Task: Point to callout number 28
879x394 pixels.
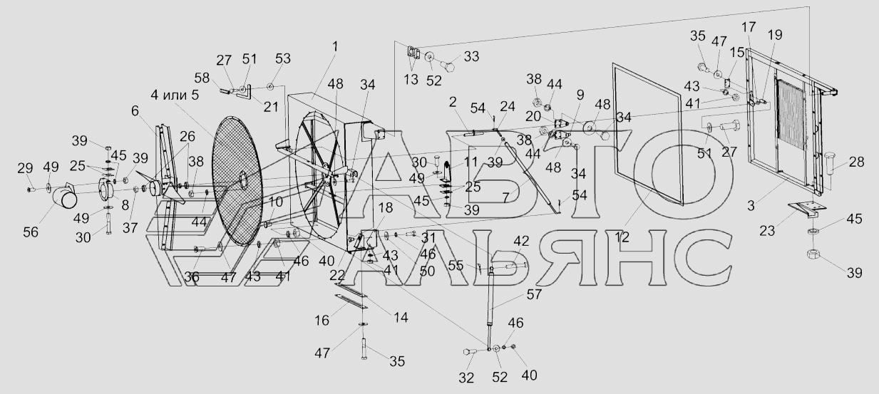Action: click(x=857, y=162)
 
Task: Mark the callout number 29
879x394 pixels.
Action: click(x=25, y=167)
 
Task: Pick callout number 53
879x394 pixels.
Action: click(x=283, y=59)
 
